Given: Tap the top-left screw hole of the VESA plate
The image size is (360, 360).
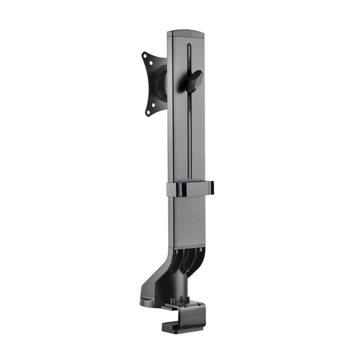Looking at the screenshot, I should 145,56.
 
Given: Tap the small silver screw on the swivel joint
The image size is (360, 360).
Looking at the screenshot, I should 168,84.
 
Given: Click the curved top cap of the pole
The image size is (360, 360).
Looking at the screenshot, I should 185,34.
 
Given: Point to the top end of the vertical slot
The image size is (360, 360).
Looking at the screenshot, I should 189,45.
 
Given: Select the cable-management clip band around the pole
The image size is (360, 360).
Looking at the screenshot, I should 189,189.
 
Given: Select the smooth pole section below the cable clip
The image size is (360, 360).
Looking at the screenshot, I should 188,220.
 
